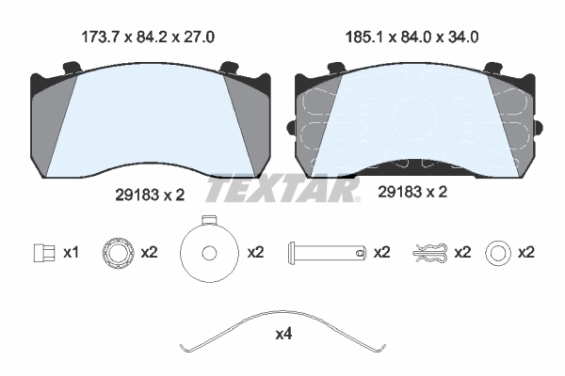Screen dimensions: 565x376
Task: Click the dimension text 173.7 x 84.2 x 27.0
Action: [148, 37]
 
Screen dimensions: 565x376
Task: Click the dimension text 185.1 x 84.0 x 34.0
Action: [412, 37]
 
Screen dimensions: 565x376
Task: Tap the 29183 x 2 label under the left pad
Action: [150, 195]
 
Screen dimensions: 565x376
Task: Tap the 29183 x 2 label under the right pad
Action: [412, 192]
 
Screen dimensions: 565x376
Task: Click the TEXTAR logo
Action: [282, 189]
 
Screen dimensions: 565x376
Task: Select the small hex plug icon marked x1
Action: [44, 253]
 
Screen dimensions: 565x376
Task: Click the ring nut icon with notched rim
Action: [119, 253]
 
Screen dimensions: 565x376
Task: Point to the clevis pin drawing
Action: [327, 252]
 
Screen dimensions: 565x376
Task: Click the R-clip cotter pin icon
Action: [431, 252]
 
